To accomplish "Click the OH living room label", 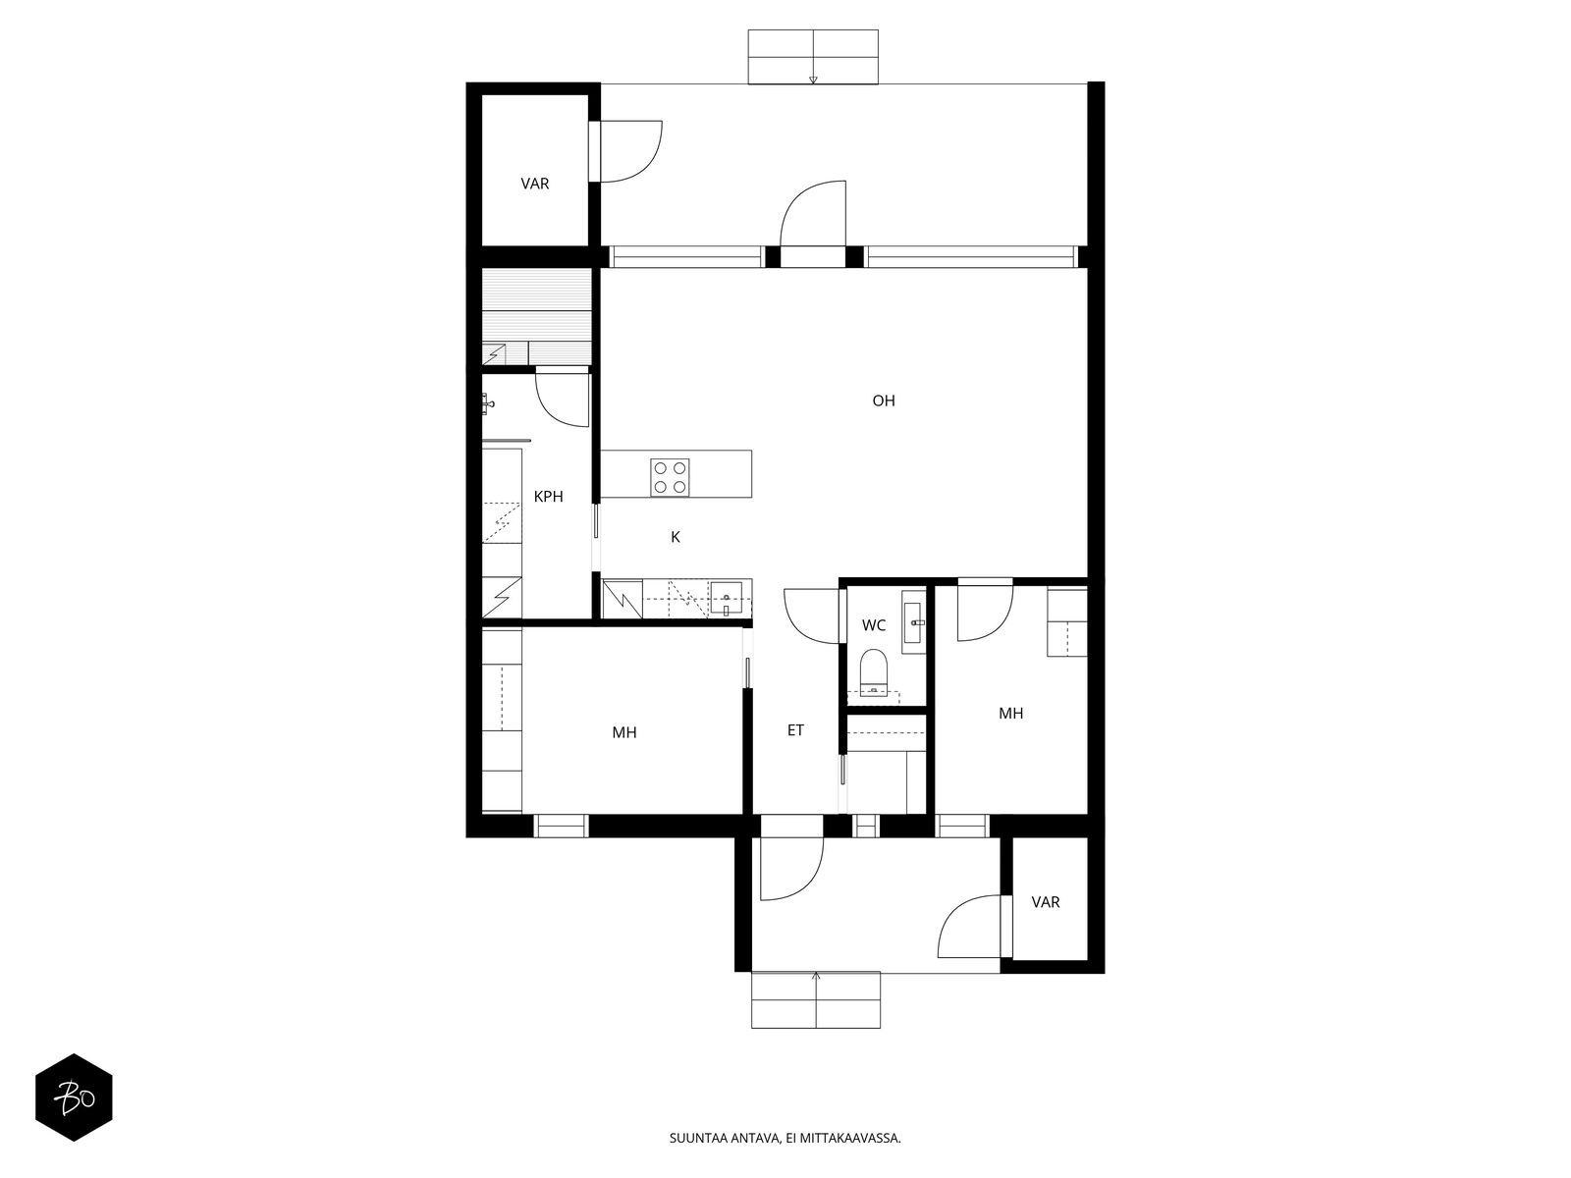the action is (883, 401).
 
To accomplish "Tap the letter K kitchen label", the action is (675, 537).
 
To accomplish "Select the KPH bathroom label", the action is (548, 497).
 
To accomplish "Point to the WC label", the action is (873, 625).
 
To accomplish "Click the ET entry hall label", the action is (795, 730).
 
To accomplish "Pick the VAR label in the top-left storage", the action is (535, 184).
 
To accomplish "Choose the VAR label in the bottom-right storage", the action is (1045, 902).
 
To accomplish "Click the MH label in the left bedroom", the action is (624, 732).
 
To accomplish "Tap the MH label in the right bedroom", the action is (1010, 713).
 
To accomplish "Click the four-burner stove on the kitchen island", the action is (670, 477).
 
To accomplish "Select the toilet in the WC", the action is (873, 670).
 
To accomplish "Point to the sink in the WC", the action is (913, 622).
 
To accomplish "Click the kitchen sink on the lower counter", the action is (728, 599).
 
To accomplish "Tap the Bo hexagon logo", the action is (74, 1098).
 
